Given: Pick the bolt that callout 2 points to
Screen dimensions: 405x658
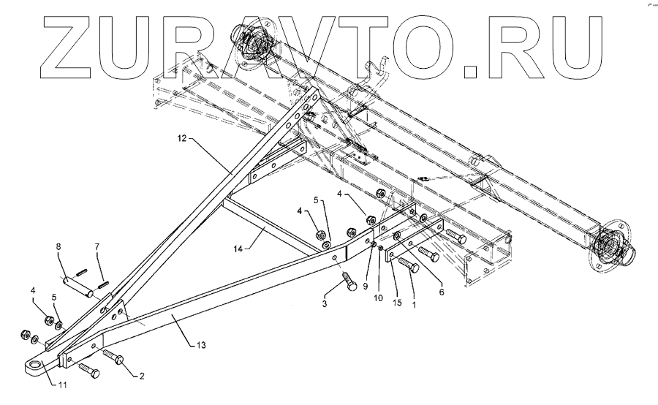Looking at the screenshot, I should pyautogui.click(x=115, y=356).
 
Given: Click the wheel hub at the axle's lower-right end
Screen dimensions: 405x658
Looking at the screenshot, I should pyautogui.click(x=610, y=246).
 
